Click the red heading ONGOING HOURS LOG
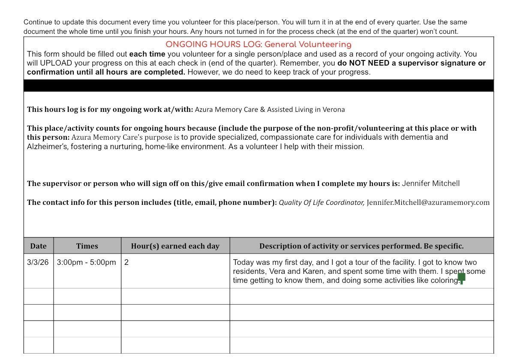pyautogui.click(x=258, y=45)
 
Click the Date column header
pyautogui.click(x=38, y=246)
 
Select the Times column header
pyautogui.click(x=87, y=246)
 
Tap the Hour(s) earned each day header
pyautogui.click(x=175, y=246)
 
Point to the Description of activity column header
pyautogui.click(x=361, y=246)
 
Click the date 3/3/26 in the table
pyautogui.click(x=38, y=262)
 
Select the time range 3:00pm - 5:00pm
pyautogui.click(x=86, y=262)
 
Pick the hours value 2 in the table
pyautogui.click(x=126, y=262)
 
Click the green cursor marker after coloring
pyautogui.click(x=462, y=278)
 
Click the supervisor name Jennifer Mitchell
pyautogui.click(x=430, y=183)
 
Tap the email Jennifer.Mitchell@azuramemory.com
pyautogui.click(x=428, y=202)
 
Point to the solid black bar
pyautogui.click(x=258, y=85)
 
